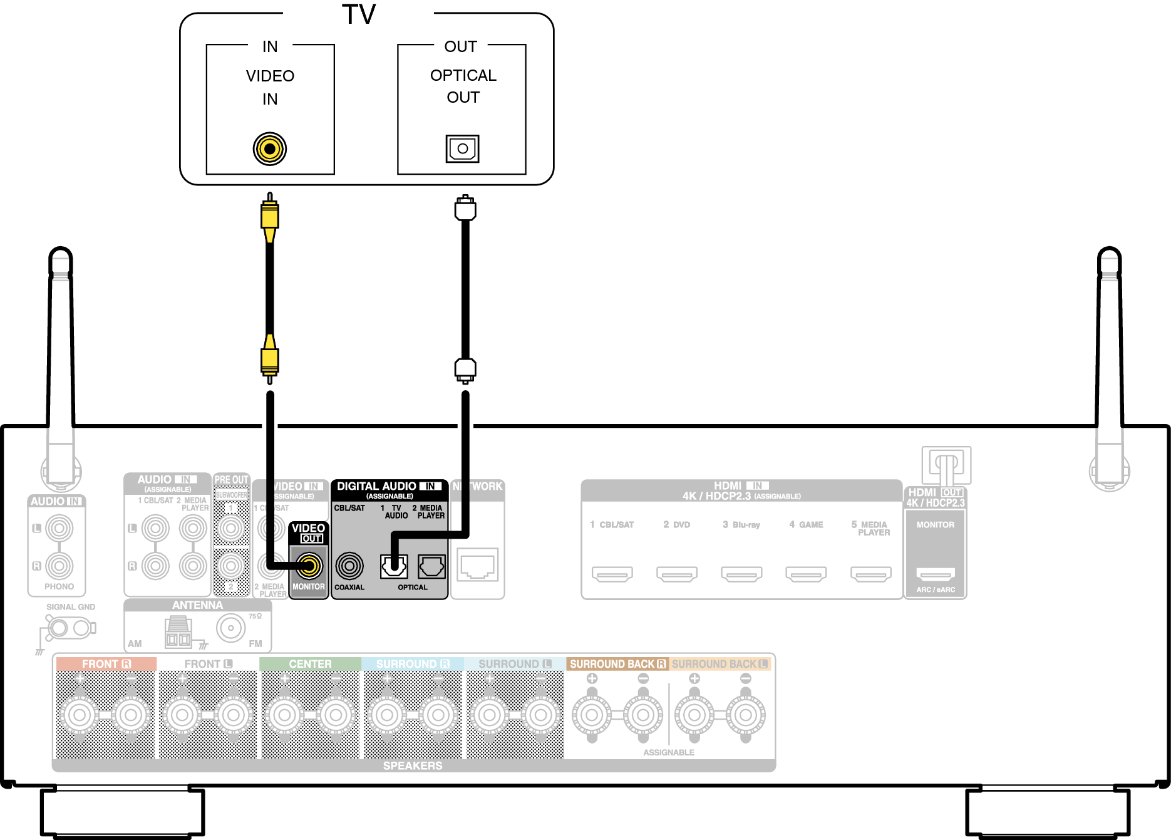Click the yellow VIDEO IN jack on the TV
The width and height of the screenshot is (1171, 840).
pos(270,149)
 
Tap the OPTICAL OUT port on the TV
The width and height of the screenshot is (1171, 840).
pos(462,148)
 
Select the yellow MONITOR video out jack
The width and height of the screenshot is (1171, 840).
pos(309,566)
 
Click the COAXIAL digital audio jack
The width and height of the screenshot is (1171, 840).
pos(349,566)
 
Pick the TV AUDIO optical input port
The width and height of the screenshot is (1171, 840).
pos(394,566)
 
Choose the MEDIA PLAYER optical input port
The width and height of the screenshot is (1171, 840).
pos(431,566)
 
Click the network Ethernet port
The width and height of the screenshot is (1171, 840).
pos(477,565)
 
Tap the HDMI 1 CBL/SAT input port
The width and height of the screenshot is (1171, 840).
pos(612,573)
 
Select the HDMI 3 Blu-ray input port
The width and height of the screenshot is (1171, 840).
pos(741,573)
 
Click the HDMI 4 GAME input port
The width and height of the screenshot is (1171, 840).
pos(806,573)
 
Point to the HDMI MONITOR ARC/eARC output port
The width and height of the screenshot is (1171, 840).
pos(936,573)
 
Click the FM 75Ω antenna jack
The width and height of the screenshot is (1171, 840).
pos(231,628)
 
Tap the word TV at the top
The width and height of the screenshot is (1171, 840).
pos(359,14)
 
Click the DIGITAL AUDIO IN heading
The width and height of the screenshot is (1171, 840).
pos(389,486)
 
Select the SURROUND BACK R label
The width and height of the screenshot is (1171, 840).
pos(617,664)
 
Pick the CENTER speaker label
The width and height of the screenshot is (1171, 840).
pos(310,664)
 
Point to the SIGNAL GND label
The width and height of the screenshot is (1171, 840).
pos(71,607)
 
